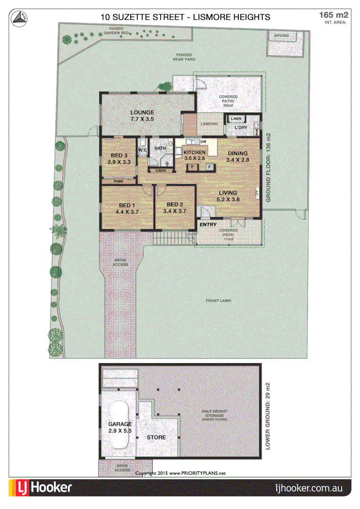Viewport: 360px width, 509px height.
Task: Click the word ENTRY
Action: click(x=208, y=225)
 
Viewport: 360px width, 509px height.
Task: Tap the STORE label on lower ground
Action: click(x=156, y=437)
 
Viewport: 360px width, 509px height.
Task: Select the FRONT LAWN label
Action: click(x=218, y=301)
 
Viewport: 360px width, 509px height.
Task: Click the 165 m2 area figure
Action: click(x=334, y=16)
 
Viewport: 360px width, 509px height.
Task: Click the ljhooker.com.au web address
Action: click(x=308, y=488)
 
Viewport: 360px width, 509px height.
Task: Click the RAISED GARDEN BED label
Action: click(x=116, y=31)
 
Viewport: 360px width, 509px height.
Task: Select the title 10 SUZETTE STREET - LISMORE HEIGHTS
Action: click(x=186, y=17)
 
